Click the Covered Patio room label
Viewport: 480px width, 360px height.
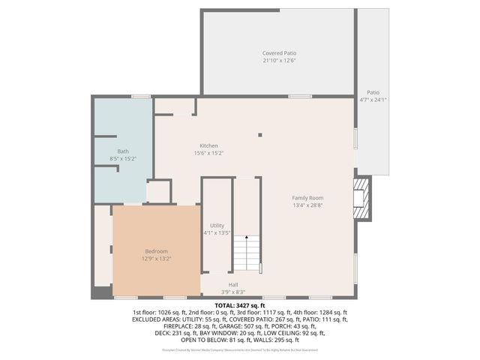click(279, 53)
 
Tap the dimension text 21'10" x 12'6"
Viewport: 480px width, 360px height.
click(279, 61)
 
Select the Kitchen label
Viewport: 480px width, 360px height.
click(208, 145)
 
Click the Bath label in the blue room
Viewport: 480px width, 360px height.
click(122, 151)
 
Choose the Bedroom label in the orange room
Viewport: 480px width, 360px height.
click(156, 251)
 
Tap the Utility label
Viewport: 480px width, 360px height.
click(217, 225)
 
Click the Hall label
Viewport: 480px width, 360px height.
click(233, 284)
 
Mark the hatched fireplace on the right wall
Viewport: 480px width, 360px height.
click(363, 198)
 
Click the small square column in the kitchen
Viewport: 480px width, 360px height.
click(260, 135)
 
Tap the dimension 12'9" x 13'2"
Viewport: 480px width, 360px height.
click(156, 259)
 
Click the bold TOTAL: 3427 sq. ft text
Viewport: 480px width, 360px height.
click(240, 306)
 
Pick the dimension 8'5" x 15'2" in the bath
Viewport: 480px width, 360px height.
click(122, 159)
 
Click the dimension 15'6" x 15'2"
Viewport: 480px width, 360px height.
click(208, 153)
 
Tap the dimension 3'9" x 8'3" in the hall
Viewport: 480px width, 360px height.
click(233, 292)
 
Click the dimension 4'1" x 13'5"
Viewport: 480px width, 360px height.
click(217, 232)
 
